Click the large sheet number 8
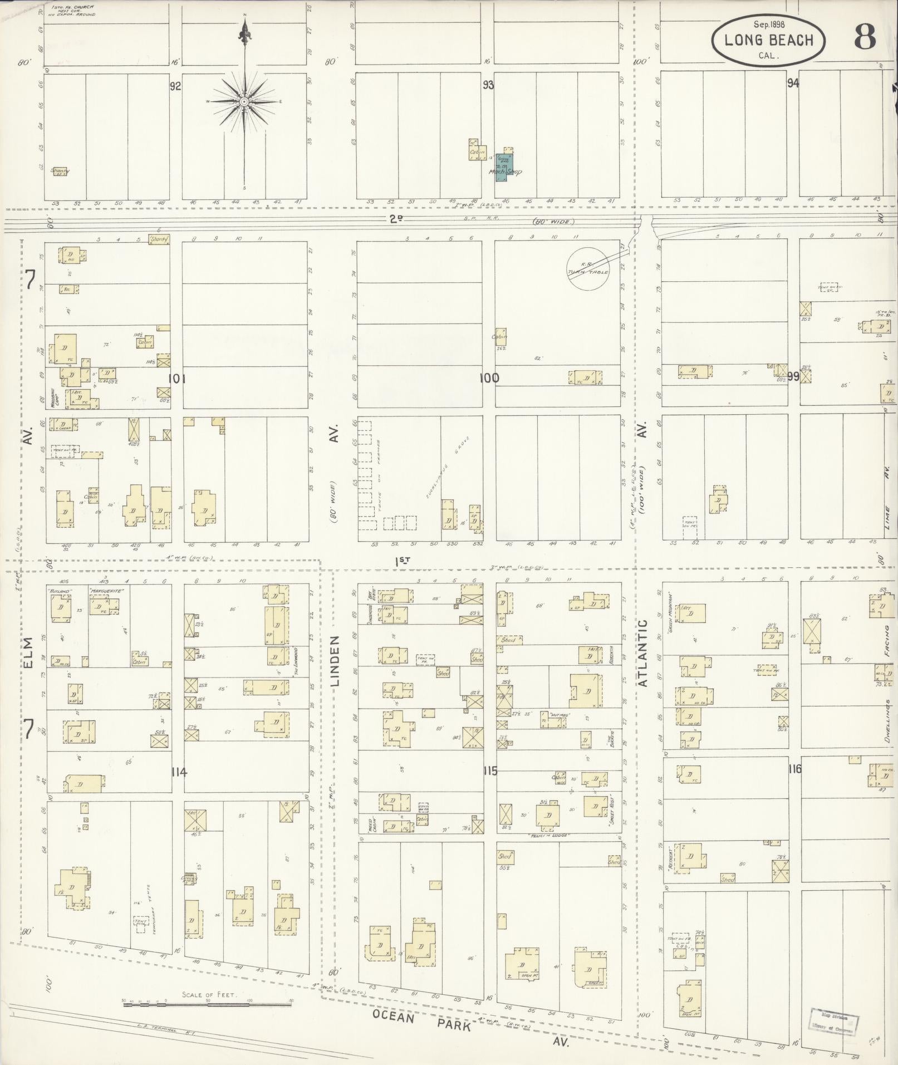coord(865,37)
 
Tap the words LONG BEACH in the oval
coord(769,40)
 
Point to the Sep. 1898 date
coord(769,24)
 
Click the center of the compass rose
coord(244,102)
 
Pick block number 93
coord(488,85)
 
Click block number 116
coord(794,769)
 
